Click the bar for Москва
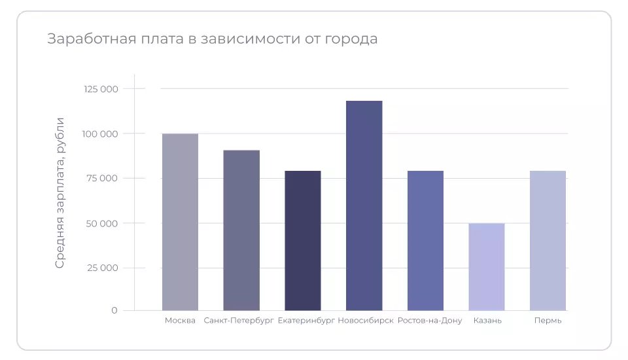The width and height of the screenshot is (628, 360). point(180,222)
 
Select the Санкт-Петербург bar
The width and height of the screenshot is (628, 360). point(241,230)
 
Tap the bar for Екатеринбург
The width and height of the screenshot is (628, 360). point(303,240)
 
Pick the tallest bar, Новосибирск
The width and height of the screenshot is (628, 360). point(364,206)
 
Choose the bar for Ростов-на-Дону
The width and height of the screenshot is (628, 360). point(425,240)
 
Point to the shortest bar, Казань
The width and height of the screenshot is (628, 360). point(487,267)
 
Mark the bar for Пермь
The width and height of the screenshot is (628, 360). point(548,240)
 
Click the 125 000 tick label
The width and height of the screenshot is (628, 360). point(101,89)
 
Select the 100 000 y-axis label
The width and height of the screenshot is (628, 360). point(101,134)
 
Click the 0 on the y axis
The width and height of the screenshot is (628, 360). point(114,310)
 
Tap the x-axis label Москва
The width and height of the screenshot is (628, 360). point(180,321)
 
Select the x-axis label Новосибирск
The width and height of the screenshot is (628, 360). point(366,321)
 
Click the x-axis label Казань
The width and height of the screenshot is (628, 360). point(487,321)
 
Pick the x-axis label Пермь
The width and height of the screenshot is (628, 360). point(548,321)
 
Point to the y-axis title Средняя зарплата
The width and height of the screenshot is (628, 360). point(60,193)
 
